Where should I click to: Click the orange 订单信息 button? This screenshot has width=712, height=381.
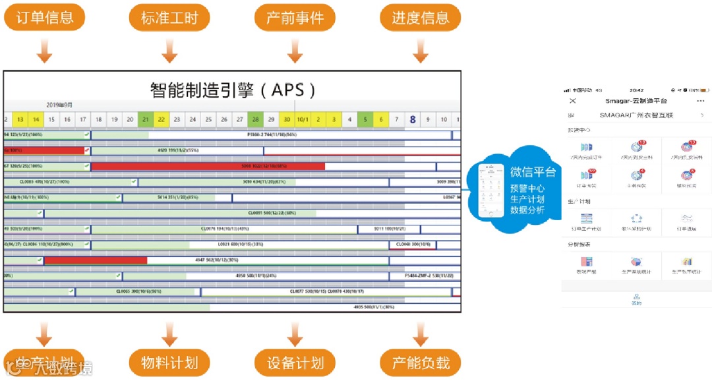point(44,17)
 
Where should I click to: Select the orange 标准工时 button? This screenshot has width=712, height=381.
point(169,17)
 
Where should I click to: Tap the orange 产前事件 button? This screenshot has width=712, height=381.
point(295,17)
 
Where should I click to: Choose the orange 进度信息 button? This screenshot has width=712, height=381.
point(420,17)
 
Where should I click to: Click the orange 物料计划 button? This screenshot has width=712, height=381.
point(169,363)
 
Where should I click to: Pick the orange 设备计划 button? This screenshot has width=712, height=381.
point(295,363)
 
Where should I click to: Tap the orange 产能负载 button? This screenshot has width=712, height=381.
point(420,363)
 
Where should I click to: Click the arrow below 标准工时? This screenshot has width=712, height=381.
point(169,51)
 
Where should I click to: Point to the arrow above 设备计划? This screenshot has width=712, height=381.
point(295,334)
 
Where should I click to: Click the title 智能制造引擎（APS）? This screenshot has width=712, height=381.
point(233,89)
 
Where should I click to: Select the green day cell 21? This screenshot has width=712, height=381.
point(145,119)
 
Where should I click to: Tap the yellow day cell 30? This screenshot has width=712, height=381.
point(286,119)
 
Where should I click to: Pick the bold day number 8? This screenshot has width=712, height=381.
point(413,119)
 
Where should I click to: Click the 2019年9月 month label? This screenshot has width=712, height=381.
point(59,105)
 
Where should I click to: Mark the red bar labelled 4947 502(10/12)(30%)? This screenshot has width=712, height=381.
point(96,260)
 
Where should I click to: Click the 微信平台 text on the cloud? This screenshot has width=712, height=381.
point(533,173)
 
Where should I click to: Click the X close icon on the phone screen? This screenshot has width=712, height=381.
point(572,101)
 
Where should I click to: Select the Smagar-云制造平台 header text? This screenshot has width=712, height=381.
point(636,101)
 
